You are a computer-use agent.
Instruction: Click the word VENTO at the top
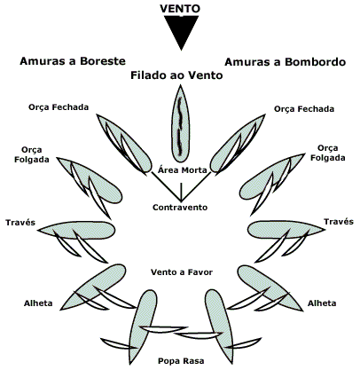180,8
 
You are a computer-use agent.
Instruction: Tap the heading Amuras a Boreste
73,61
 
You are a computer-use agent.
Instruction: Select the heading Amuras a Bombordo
286,62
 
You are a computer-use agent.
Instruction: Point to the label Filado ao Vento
176,75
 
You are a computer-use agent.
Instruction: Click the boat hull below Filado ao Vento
180,122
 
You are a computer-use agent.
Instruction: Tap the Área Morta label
182,170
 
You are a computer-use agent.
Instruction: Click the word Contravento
180,208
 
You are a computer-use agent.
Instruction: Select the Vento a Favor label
182,272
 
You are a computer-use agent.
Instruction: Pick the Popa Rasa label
181,361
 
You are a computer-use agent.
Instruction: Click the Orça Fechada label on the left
59,107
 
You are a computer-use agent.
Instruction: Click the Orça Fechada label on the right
304,109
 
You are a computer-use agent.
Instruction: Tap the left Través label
20,223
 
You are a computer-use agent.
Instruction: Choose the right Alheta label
322,303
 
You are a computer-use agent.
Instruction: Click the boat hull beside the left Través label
77,230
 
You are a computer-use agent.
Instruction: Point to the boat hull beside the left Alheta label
95,286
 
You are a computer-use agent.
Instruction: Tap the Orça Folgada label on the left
32,154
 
